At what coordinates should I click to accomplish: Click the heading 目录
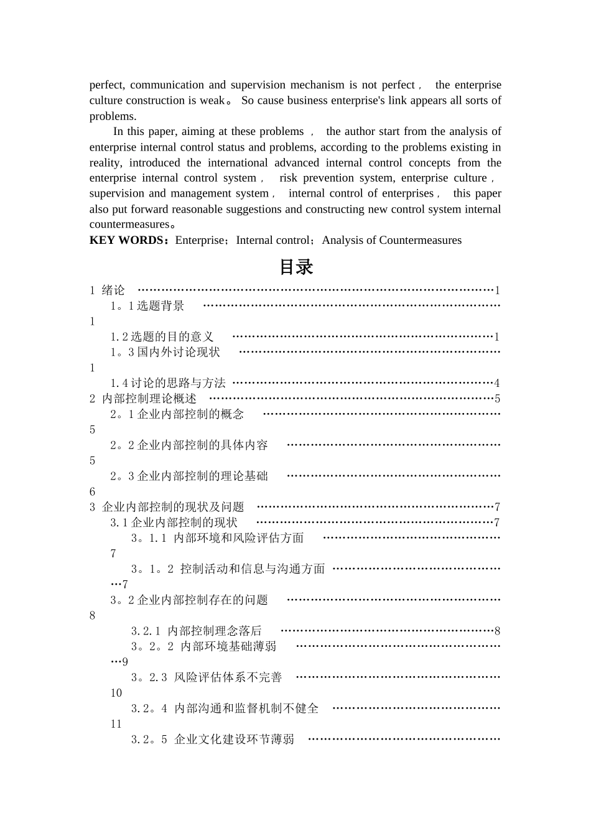click(x=295, y=267)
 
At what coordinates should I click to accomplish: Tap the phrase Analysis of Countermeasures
click(x=391, y=240)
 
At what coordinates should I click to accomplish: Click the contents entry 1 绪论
click(x=108, y=290)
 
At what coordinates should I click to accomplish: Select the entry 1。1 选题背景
click(x=147, y=305)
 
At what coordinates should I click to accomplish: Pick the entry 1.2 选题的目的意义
click(x=162, y=337)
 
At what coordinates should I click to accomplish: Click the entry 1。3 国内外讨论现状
click(x=165, y=352)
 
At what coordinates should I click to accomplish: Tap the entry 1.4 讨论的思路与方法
click(x=168, y=383)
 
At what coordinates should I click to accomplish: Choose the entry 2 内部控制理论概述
click(x=144, y=398)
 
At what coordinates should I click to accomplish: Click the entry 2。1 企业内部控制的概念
click(x=177, y=414)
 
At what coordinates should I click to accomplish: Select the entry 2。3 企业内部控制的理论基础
click(x=189, y=476)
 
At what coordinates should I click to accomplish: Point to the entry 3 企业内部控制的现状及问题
click(x=167, y=507)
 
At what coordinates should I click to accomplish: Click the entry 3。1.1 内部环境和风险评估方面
click(x=217, y=538)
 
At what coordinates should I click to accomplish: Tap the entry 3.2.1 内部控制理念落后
click(x=196, y=631)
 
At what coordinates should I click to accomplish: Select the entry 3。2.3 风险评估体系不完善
click(x=207, y=677)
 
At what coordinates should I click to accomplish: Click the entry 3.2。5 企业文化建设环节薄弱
click(x=212, y=739)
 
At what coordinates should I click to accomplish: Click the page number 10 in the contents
click(x=116, y=693)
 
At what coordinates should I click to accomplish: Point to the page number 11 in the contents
click(x=116, y=724)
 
